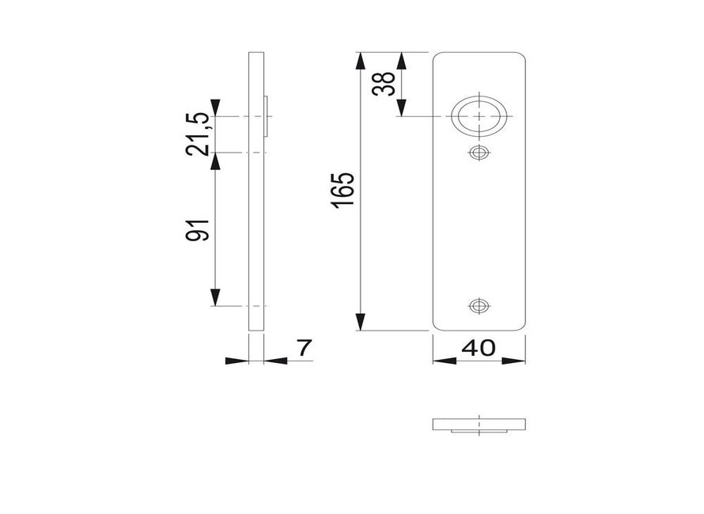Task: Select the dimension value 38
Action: (x=384, y=84)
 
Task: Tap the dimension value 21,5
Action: (x=198, y=134)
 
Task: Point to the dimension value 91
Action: (x=198, y=230)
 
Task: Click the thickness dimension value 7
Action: (x=304, y=347)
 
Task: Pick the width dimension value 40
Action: (x=479, y=347)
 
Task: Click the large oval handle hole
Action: (x=479, y=115)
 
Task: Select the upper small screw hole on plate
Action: (x=479, y=153)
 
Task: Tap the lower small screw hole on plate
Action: (x=479, y=306)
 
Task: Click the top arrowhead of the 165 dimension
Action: (x=360, y=61)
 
